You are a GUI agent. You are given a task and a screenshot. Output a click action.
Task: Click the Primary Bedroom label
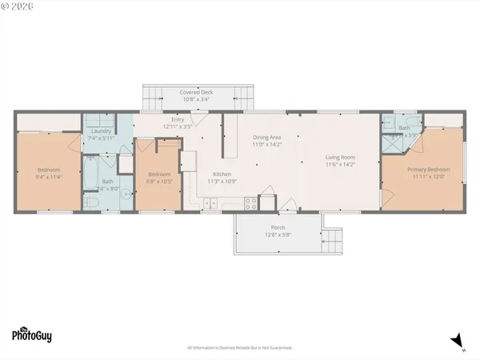(428, 170)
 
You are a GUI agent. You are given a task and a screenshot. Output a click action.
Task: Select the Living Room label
(340, 157)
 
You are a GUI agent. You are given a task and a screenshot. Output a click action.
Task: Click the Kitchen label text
(222, 174)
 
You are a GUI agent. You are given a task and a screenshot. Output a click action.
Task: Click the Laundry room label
(101, 130)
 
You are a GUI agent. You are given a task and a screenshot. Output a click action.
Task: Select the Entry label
(178, 119)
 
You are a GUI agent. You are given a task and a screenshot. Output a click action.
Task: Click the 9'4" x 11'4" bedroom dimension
(49, 177)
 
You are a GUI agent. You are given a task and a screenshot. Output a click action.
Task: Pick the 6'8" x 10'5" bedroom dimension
(159, 181)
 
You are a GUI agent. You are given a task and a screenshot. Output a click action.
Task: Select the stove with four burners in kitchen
(250, 202)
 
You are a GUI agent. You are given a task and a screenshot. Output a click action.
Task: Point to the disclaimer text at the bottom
(239, 348)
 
